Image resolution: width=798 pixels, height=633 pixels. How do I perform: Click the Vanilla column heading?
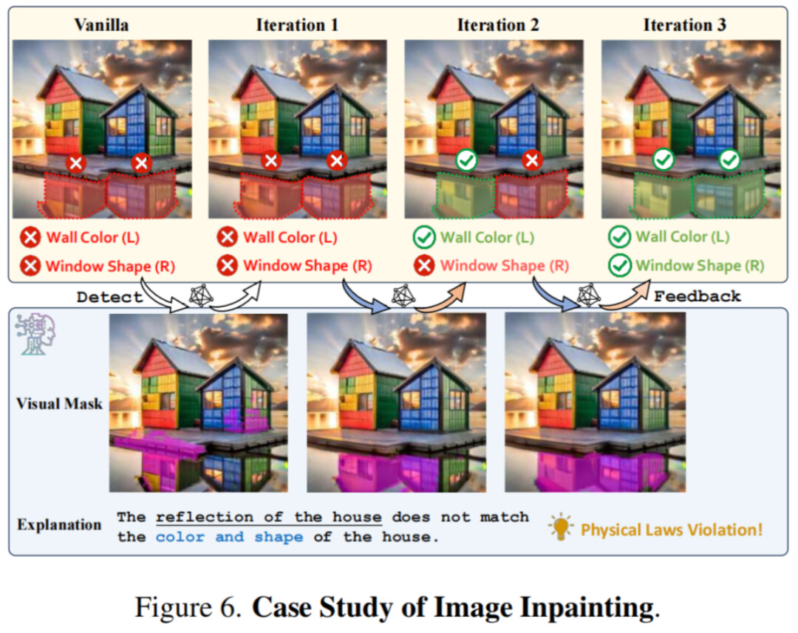click(101, 24)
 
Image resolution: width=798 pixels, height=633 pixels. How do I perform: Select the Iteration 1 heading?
click(297, 24)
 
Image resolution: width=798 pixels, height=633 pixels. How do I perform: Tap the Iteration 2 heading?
click(498, 24)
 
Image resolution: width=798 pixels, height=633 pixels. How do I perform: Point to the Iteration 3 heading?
click(685, 24)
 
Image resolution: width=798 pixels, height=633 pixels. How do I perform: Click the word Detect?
click(109, 298)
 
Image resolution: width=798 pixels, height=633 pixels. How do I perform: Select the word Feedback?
click(698, 297)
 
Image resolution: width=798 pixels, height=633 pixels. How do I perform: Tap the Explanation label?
click(59, 525)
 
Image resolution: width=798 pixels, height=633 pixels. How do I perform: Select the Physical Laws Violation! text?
click(671, 530)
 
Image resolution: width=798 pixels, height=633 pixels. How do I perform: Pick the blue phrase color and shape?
click(229, 537)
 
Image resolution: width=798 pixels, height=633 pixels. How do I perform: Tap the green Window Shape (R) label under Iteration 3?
click(700, 265)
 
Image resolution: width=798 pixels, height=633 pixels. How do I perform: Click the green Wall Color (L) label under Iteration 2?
click(487, 238)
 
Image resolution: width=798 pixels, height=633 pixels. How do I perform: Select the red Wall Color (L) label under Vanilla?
click(92, 238)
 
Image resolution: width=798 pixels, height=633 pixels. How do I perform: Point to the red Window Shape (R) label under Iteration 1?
click(307, 265)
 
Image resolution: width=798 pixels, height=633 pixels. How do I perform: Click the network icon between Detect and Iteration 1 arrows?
click(201, 295)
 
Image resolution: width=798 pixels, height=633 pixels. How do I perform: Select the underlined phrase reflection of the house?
click(268, 517)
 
